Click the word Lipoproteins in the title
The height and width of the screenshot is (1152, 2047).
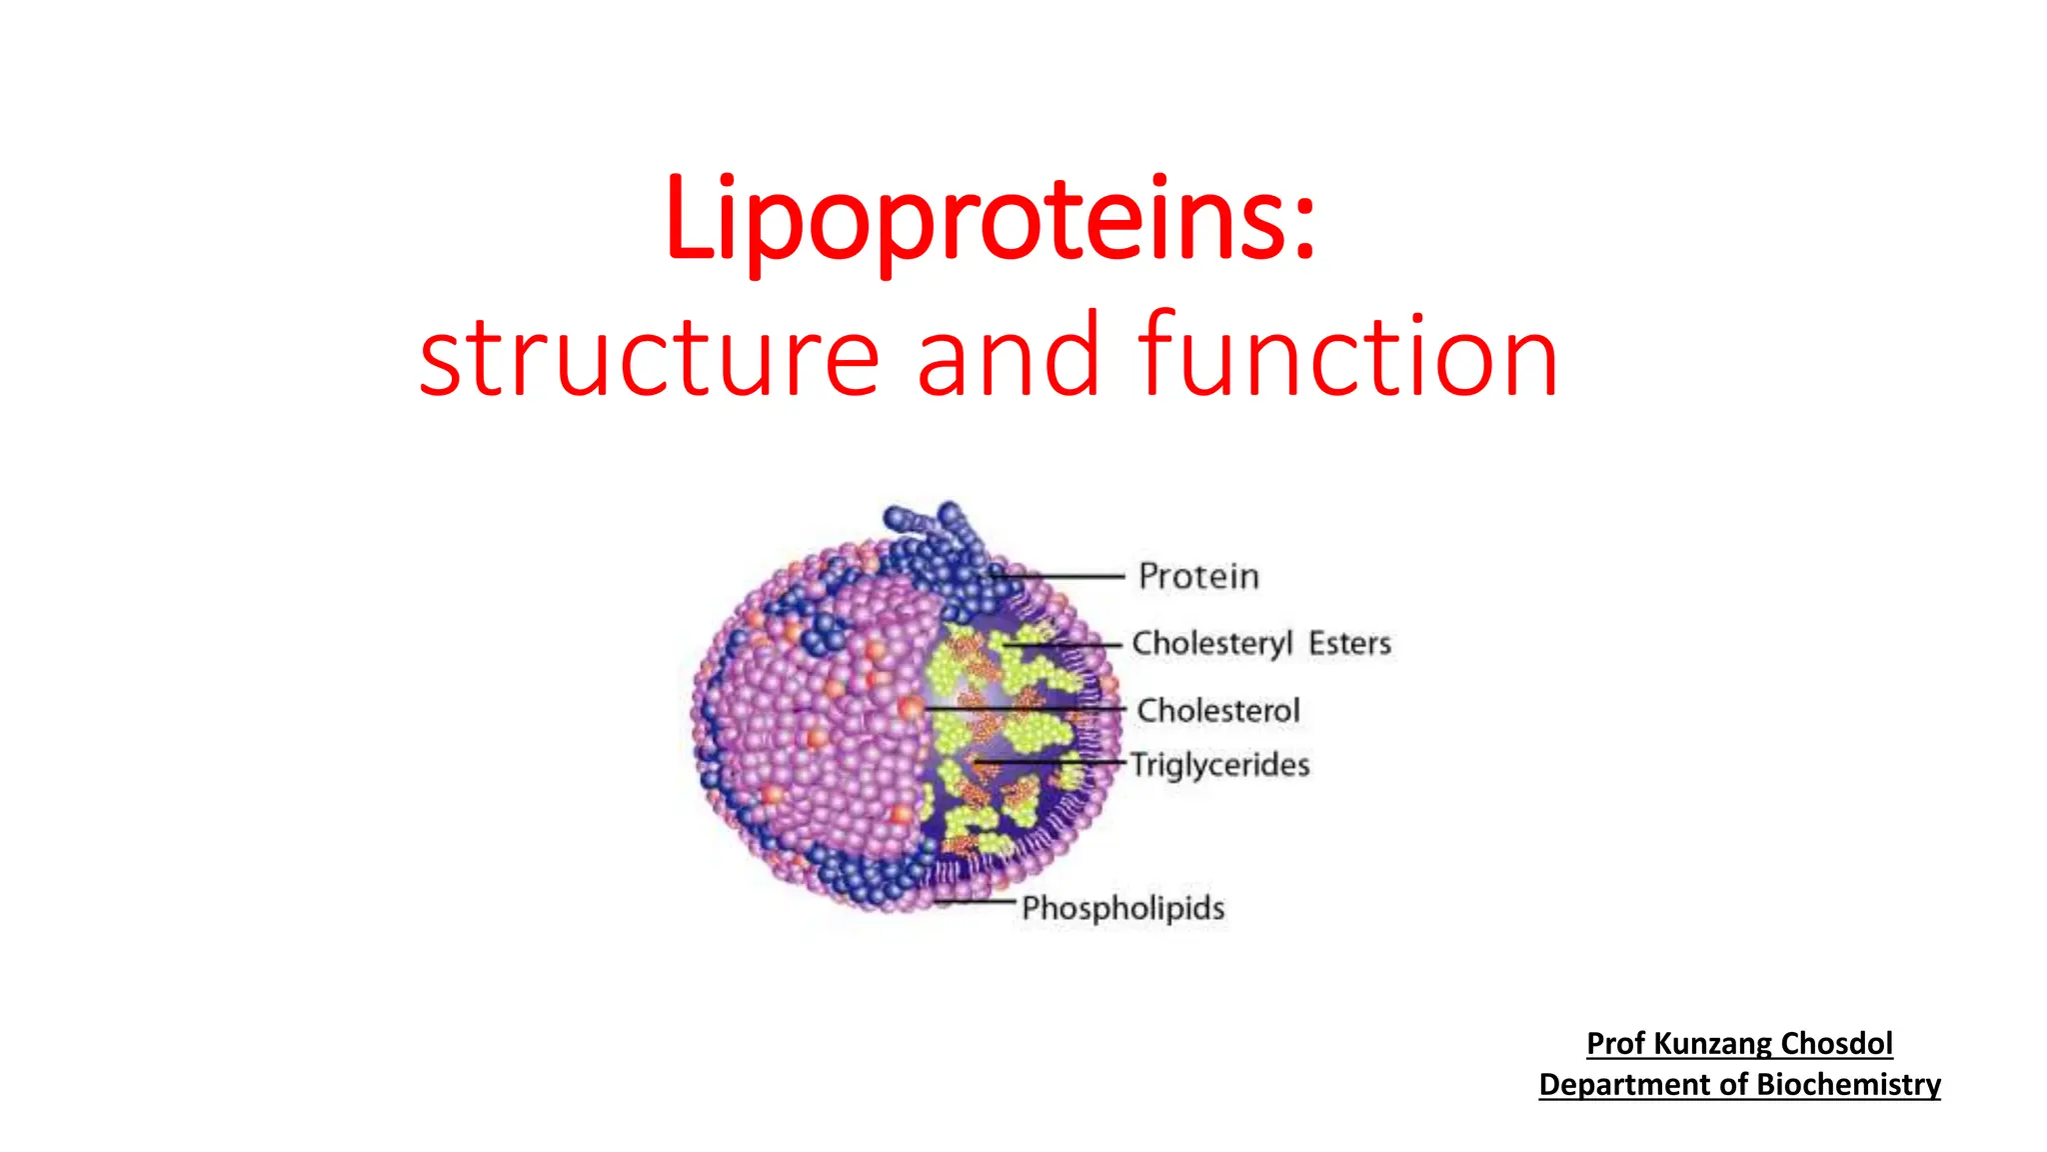(x=975, y=219)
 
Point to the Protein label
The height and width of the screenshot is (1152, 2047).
(x=1198, y=577)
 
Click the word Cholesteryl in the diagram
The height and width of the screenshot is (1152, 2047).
(x=1211, y=643)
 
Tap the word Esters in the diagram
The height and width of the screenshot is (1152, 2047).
(x=1349, y=643)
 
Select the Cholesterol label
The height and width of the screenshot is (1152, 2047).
(x=1218, y=711)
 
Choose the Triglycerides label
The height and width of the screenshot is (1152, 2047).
(x=1219, y=765)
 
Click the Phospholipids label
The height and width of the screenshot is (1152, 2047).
(x=1122, y=908)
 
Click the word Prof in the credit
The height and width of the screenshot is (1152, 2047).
(x=1615, y=1044)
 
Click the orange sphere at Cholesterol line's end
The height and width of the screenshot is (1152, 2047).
(x=911, y=708)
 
